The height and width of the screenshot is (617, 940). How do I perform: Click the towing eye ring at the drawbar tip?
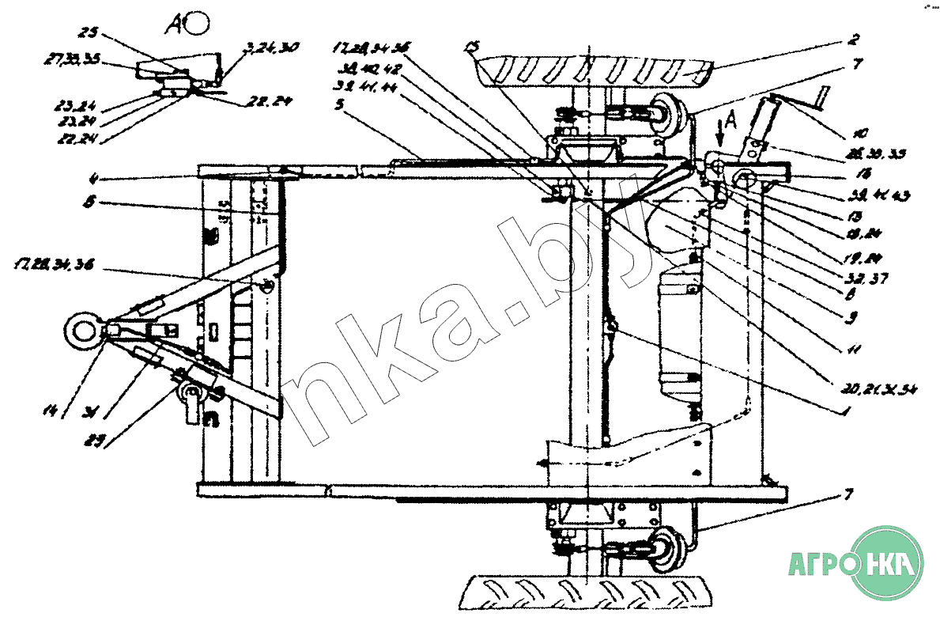pos(81,327)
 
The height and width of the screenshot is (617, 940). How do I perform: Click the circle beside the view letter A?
pos(197,24)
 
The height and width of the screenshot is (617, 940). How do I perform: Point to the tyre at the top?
pos(593,73)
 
